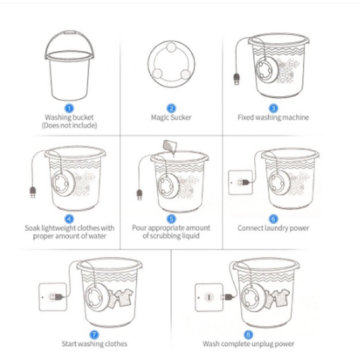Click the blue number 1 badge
(69, 108)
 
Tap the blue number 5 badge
(171, 219)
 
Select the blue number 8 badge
(248, 334)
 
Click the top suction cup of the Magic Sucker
(171, 48)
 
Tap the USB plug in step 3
(237, 79)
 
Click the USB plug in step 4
(33, 192)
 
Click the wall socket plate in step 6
(240, 182)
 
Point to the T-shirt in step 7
(124, 298)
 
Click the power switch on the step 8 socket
(209, 297)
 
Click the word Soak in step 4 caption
(32, 228)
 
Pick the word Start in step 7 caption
(69, 344)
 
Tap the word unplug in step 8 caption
(262, 344)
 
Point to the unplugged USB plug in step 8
(227, 297)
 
